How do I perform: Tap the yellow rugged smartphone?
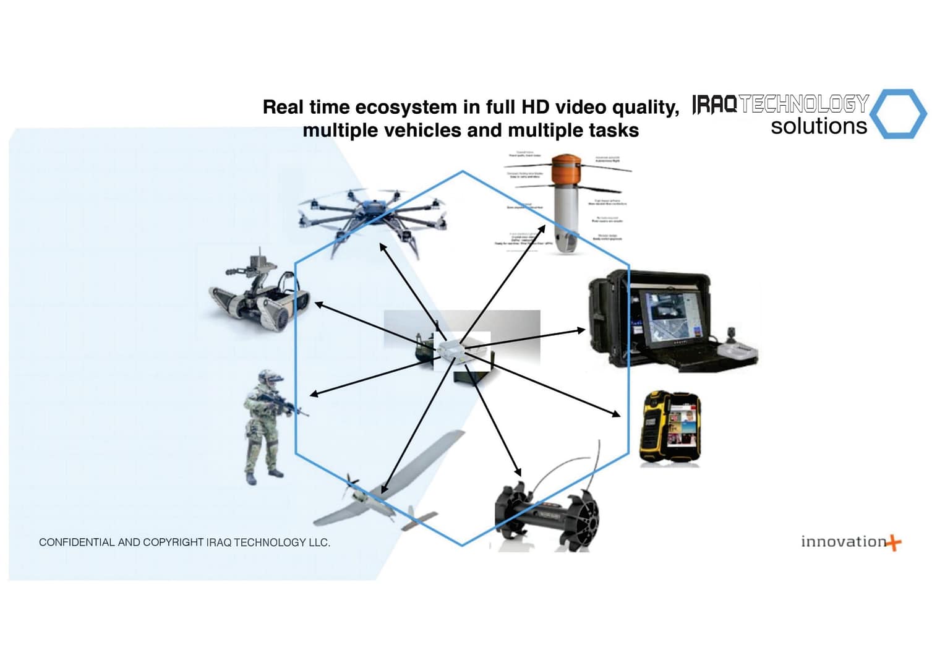(x=670, y=427)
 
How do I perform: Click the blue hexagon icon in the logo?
(x=900, y=114)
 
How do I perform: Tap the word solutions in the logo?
(x=819, y=126)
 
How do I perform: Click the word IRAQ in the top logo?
(x=714, y=105)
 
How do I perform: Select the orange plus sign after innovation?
(x=894, y=542)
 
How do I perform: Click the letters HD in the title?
(x=536, y=107)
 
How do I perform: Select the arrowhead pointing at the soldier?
(x=314, y=393)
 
